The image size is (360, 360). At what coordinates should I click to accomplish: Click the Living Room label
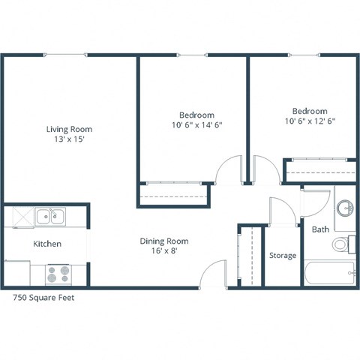pos(69,129)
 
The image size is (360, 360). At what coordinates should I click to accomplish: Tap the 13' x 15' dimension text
pos(69,140)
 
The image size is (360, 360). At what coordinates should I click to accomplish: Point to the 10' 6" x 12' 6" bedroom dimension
pos(309,121)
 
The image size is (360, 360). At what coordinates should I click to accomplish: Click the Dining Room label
pos(163,241)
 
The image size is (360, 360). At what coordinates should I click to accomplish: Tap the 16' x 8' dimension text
pos(163,252)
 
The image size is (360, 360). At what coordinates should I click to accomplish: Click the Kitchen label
pos(46,244)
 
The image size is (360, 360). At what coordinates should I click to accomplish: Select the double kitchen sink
pos(52,217)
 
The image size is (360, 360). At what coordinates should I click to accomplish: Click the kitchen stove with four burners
pos(58,274)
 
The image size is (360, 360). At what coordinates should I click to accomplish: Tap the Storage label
pos(283,256)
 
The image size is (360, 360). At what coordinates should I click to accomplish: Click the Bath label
pos(320,229)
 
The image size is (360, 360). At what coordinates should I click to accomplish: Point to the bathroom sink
pos(345,208)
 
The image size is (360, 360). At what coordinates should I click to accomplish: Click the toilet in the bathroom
pos(344,244)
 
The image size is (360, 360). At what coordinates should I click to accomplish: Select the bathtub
pos(329,272)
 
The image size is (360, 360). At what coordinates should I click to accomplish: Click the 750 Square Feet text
pos(44,297)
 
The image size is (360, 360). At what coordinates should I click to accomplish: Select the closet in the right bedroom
pos(320,170)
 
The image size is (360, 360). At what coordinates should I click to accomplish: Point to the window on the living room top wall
pos(67,55)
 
